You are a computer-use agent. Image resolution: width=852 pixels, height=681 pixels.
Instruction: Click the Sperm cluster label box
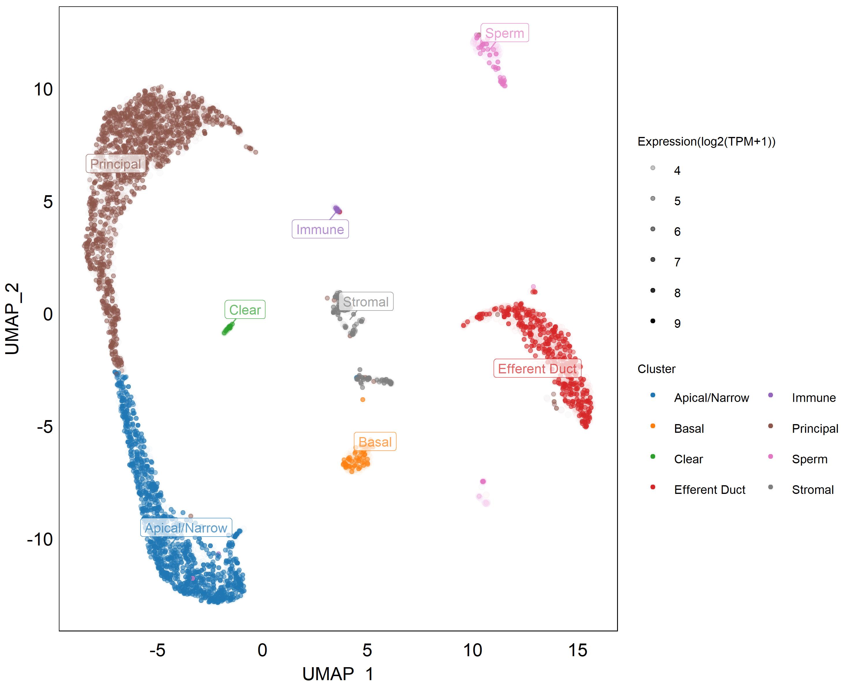pos(504,33)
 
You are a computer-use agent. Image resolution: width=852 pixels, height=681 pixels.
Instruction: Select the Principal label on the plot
pos(115,164)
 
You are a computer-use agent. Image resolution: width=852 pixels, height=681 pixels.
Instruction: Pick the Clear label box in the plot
pos(245,310)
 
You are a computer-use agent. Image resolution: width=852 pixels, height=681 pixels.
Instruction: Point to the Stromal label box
pos(366,302)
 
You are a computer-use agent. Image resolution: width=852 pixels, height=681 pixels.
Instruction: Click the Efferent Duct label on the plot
pos(537,369)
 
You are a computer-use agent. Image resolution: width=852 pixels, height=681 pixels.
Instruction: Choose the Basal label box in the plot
pos(375,442)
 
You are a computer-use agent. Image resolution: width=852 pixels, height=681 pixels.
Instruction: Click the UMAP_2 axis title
pos(13,319)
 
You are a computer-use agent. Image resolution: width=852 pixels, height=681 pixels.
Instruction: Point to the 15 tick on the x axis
pos(578,650)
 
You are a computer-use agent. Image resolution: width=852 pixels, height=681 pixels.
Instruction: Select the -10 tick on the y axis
pos(40,539)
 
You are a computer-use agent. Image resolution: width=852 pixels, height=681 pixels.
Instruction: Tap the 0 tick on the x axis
pos(262,650)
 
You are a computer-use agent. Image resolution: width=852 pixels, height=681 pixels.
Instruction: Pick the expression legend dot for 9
pos(653,321)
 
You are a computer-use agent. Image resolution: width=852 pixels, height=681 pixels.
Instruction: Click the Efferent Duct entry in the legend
pos(709,490)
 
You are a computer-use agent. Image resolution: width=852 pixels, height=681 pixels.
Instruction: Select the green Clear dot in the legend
pos(653,457)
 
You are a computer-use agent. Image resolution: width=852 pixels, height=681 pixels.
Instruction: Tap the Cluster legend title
pos(656,369)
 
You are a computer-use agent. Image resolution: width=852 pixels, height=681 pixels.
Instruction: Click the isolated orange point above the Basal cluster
pos(363,400)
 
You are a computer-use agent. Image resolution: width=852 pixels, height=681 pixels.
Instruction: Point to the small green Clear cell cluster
pos(228,328)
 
